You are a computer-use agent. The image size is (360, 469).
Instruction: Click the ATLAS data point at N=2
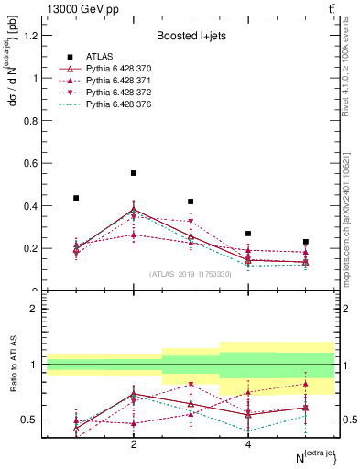click(x=134, y=173)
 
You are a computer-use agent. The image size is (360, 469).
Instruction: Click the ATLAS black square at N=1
click(x=76, y=198)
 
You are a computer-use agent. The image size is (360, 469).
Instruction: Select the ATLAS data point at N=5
click(x=305, y=242)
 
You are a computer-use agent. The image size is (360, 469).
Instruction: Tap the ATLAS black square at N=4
click(x=248, y=234)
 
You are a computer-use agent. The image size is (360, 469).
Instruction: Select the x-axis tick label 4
click(x=248, y=444)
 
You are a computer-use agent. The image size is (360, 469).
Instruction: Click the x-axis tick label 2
click(x=134, y=444)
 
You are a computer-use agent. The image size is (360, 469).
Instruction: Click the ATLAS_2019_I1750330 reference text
click(x=191, y=274)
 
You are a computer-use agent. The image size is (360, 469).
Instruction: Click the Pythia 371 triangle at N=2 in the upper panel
click(x=134, y=234)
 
